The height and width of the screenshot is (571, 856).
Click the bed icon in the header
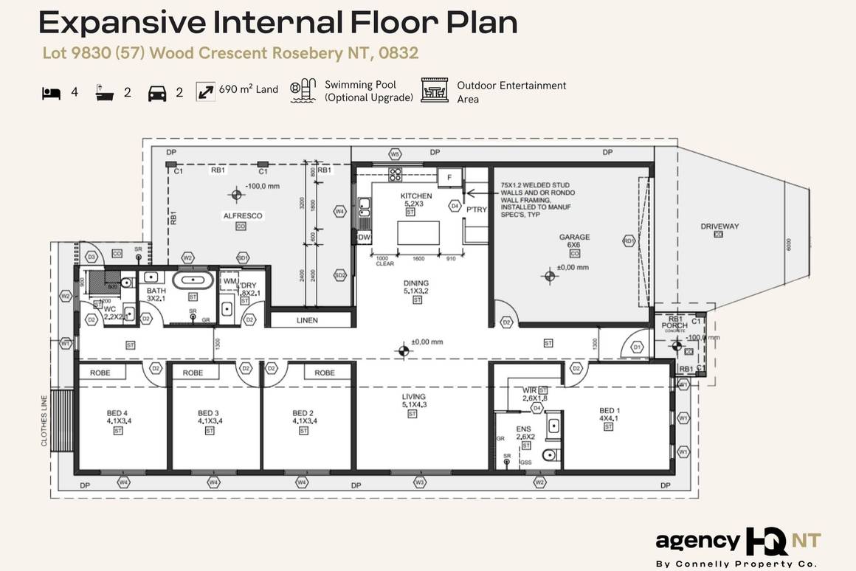51,93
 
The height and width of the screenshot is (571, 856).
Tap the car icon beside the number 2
156,93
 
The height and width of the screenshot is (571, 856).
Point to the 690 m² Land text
248,89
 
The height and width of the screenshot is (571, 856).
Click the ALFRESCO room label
243,215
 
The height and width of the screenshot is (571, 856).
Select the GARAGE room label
574,238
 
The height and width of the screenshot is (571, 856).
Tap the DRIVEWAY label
719,226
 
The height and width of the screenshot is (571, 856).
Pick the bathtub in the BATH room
193,281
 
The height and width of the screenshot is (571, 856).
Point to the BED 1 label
609,410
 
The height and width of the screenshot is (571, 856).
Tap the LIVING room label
415,396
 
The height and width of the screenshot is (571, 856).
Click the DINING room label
415,283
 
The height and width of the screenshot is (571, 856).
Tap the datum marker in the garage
548,276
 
